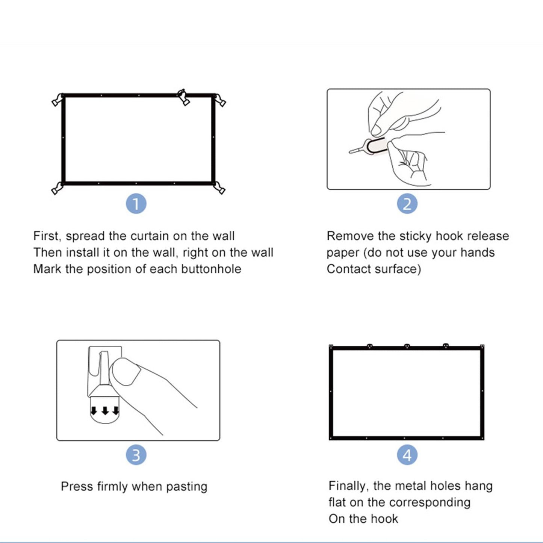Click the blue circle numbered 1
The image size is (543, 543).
click(x=136, y=204)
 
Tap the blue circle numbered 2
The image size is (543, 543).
click(x=407, y=204)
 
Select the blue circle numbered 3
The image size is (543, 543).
click(x=136, y=455)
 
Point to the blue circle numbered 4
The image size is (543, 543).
click(x=407, y=455)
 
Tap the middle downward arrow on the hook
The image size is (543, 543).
click(x=105, y=411)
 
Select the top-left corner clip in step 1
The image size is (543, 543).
click(x=58, y=100)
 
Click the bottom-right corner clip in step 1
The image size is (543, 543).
click(x=219, y=188)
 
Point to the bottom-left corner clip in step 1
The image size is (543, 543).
click(x=57, y=188)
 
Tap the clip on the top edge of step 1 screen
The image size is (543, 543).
click(x=183, y=97)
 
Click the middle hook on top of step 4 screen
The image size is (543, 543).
click(x=407, y=346)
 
